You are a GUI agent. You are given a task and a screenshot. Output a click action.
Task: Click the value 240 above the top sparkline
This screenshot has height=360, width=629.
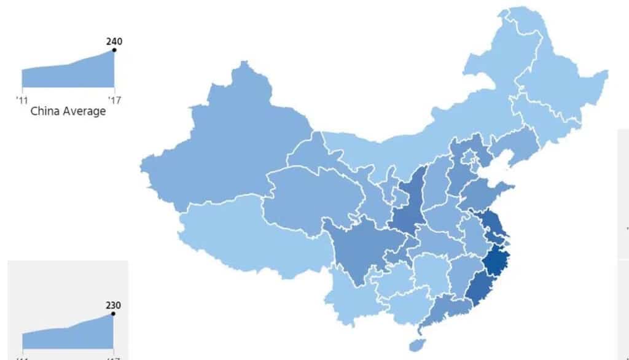pyautogui.click(x=114, y=42)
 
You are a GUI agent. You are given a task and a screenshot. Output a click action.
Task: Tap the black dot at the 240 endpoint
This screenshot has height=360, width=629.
pyautogui.click(x=114, y=50)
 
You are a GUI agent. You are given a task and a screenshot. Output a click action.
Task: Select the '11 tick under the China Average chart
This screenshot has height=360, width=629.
pyautogui.click(x=22, y=98)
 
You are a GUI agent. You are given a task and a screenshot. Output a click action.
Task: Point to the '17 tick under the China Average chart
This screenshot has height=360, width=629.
pyautogui.click(x=114, y=98)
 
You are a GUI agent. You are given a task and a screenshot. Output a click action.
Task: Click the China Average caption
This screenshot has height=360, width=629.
pyautogui.click(x=68, y=111)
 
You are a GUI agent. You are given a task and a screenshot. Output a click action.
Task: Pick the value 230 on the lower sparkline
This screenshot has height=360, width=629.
pyautogui.click(x=113, y=305)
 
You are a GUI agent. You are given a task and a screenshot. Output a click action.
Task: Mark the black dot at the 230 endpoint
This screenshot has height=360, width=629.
pyautogui.click(x=113, y=314)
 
